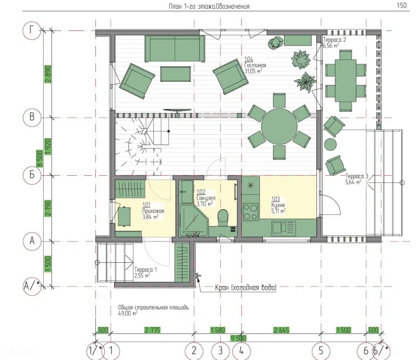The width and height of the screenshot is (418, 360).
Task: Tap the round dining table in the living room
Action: [x=279, y=127]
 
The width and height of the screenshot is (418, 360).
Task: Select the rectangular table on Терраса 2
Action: [x=346, y=80]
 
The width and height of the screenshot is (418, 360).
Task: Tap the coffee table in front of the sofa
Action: [x=176, y=74]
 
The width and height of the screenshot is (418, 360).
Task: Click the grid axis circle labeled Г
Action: [x=32, y=30]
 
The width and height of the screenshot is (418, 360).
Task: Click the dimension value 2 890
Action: [x=48, y=74]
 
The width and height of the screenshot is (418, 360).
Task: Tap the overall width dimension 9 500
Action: [x=238, y=338]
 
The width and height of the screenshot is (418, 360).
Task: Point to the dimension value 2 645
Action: [x=281, y=330]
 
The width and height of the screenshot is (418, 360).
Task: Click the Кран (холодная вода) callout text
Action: [x=245, y=288]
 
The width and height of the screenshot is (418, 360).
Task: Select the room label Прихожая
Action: [x=153, y=211]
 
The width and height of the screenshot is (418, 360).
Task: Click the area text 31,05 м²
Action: [x=253, y=71]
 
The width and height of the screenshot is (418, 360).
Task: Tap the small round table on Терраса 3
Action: [x=331, y=144]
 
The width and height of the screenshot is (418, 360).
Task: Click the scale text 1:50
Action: [x=402, y=5]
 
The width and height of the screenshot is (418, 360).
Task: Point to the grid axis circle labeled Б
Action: [x=32, y=175]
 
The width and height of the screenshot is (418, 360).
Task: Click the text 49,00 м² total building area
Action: [x=128, y=313]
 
